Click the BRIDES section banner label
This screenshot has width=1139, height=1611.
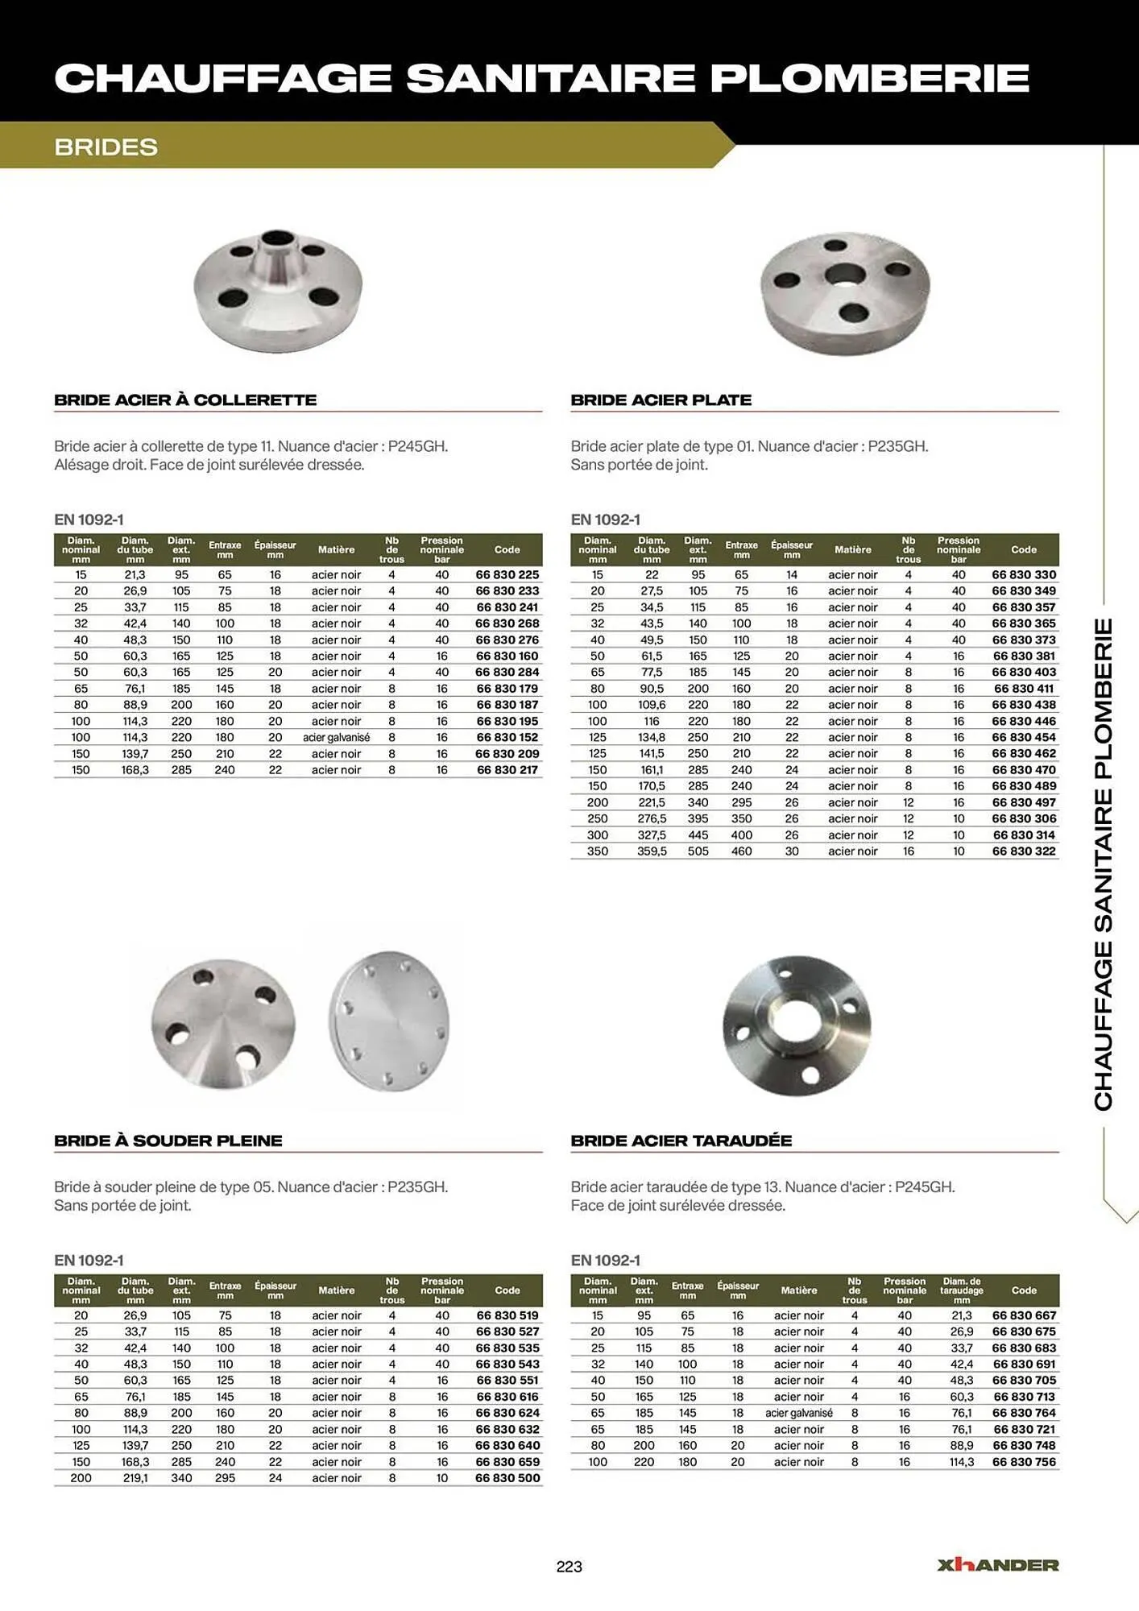106,147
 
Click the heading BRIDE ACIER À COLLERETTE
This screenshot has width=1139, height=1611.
185,400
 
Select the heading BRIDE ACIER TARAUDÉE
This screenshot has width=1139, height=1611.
681,1141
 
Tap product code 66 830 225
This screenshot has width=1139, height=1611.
507,575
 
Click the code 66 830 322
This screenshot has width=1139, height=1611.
1023,851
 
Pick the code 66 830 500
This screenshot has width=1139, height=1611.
507,1478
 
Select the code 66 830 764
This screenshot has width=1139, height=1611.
1023,1413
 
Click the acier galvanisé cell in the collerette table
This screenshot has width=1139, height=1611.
336,738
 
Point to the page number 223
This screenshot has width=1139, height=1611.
569,1567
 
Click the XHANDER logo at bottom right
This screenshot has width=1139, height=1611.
997,1565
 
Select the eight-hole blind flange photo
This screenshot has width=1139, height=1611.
389,1021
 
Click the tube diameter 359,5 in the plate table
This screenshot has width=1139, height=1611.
652,851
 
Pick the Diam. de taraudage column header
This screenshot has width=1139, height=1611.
961,1290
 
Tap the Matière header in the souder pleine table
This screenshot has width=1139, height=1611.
336,1290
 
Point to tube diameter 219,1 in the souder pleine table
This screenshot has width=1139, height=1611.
135,1478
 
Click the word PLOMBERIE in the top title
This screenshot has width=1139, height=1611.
869,78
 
